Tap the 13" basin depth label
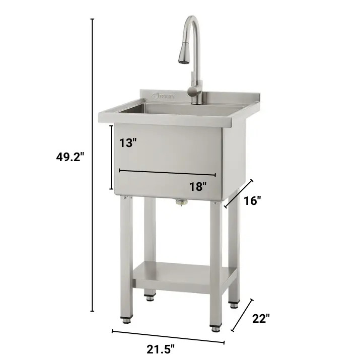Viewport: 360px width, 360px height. [x=128, y=142]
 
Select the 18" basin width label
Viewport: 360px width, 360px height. [x=198, y=186]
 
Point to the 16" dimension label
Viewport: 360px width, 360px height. [x=252, y=201]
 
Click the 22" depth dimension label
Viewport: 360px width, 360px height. [x=261, y=318]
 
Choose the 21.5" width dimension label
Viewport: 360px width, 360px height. [x=161, y=348]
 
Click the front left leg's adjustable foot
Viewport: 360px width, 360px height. [x=126, y=318]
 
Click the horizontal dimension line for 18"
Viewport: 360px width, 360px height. [x=167, y=173]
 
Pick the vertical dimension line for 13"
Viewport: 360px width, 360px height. [x=112, y=157]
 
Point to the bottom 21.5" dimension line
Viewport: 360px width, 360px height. [x=168, y=336]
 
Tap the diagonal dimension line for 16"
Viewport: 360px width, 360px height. [x=239, y=193]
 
